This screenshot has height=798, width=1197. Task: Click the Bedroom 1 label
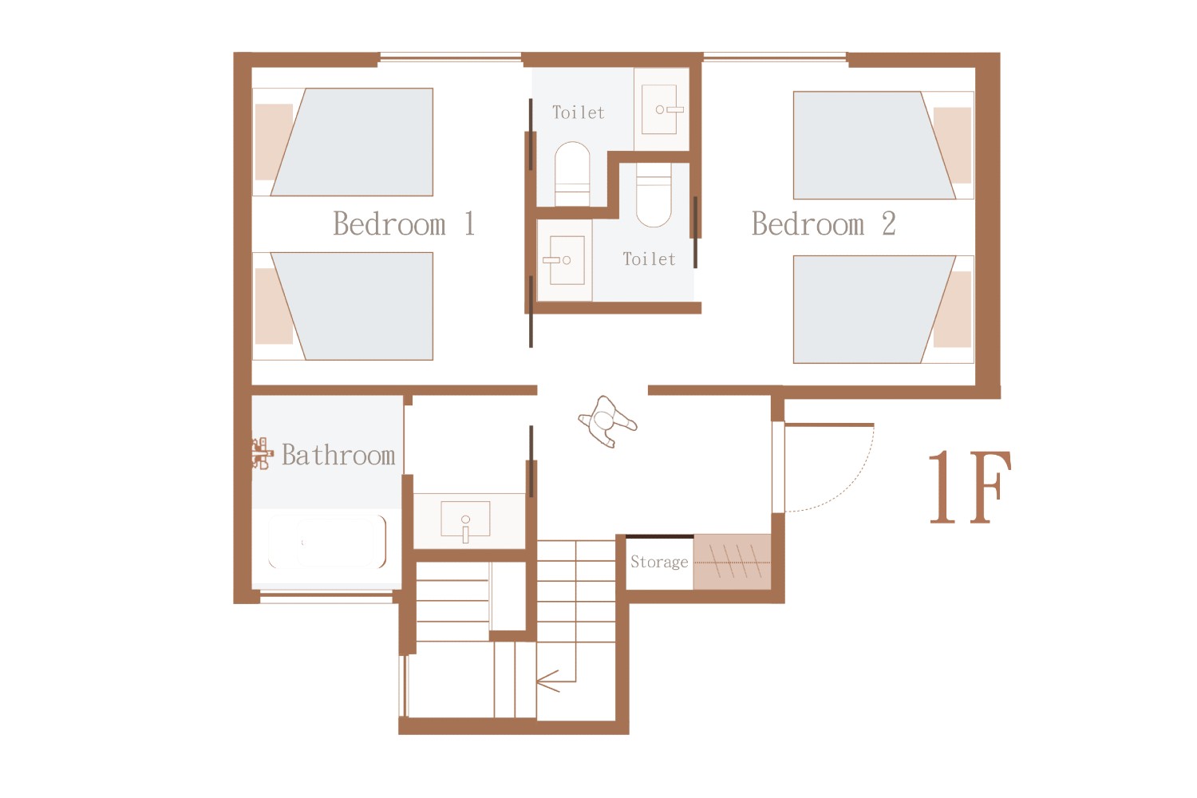(x=404, y=223)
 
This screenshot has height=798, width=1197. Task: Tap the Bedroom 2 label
(x=824, y=223)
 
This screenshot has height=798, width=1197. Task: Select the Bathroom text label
(x=338, y=455)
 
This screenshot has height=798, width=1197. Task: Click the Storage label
(x=659, y=562)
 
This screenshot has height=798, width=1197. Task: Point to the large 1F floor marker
(x=970, y=487)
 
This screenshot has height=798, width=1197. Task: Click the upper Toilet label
(x=579, y=113)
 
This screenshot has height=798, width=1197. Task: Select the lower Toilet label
(x=649, y=259)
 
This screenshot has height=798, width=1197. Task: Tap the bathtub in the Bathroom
(x=326, y=542)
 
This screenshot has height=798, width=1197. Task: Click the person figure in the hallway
(x=607, y=421)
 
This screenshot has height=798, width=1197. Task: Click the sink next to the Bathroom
(x=465, y=519)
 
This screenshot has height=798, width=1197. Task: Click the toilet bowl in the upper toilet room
(x=572, y=173)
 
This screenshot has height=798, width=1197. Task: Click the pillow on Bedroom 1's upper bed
(x=274, y=141)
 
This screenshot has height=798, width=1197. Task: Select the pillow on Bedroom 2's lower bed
(x=952, y=310)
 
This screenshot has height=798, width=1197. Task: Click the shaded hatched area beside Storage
(x=732, y=562)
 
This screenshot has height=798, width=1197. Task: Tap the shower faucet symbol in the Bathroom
(x=261, y=454)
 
